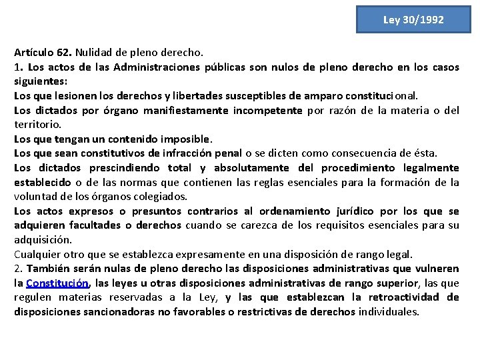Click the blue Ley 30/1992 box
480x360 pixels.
tap(413, 19)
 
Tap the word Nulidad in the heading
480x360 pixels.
tap(94, 52)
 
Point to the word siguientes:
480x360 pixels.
tap(40, 81)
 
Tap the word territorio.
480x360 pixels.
tap(37, 125)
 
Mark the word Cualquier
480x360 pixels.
tap(38, 254)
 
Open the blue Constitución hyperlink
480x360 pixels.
tap(57, 283)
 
